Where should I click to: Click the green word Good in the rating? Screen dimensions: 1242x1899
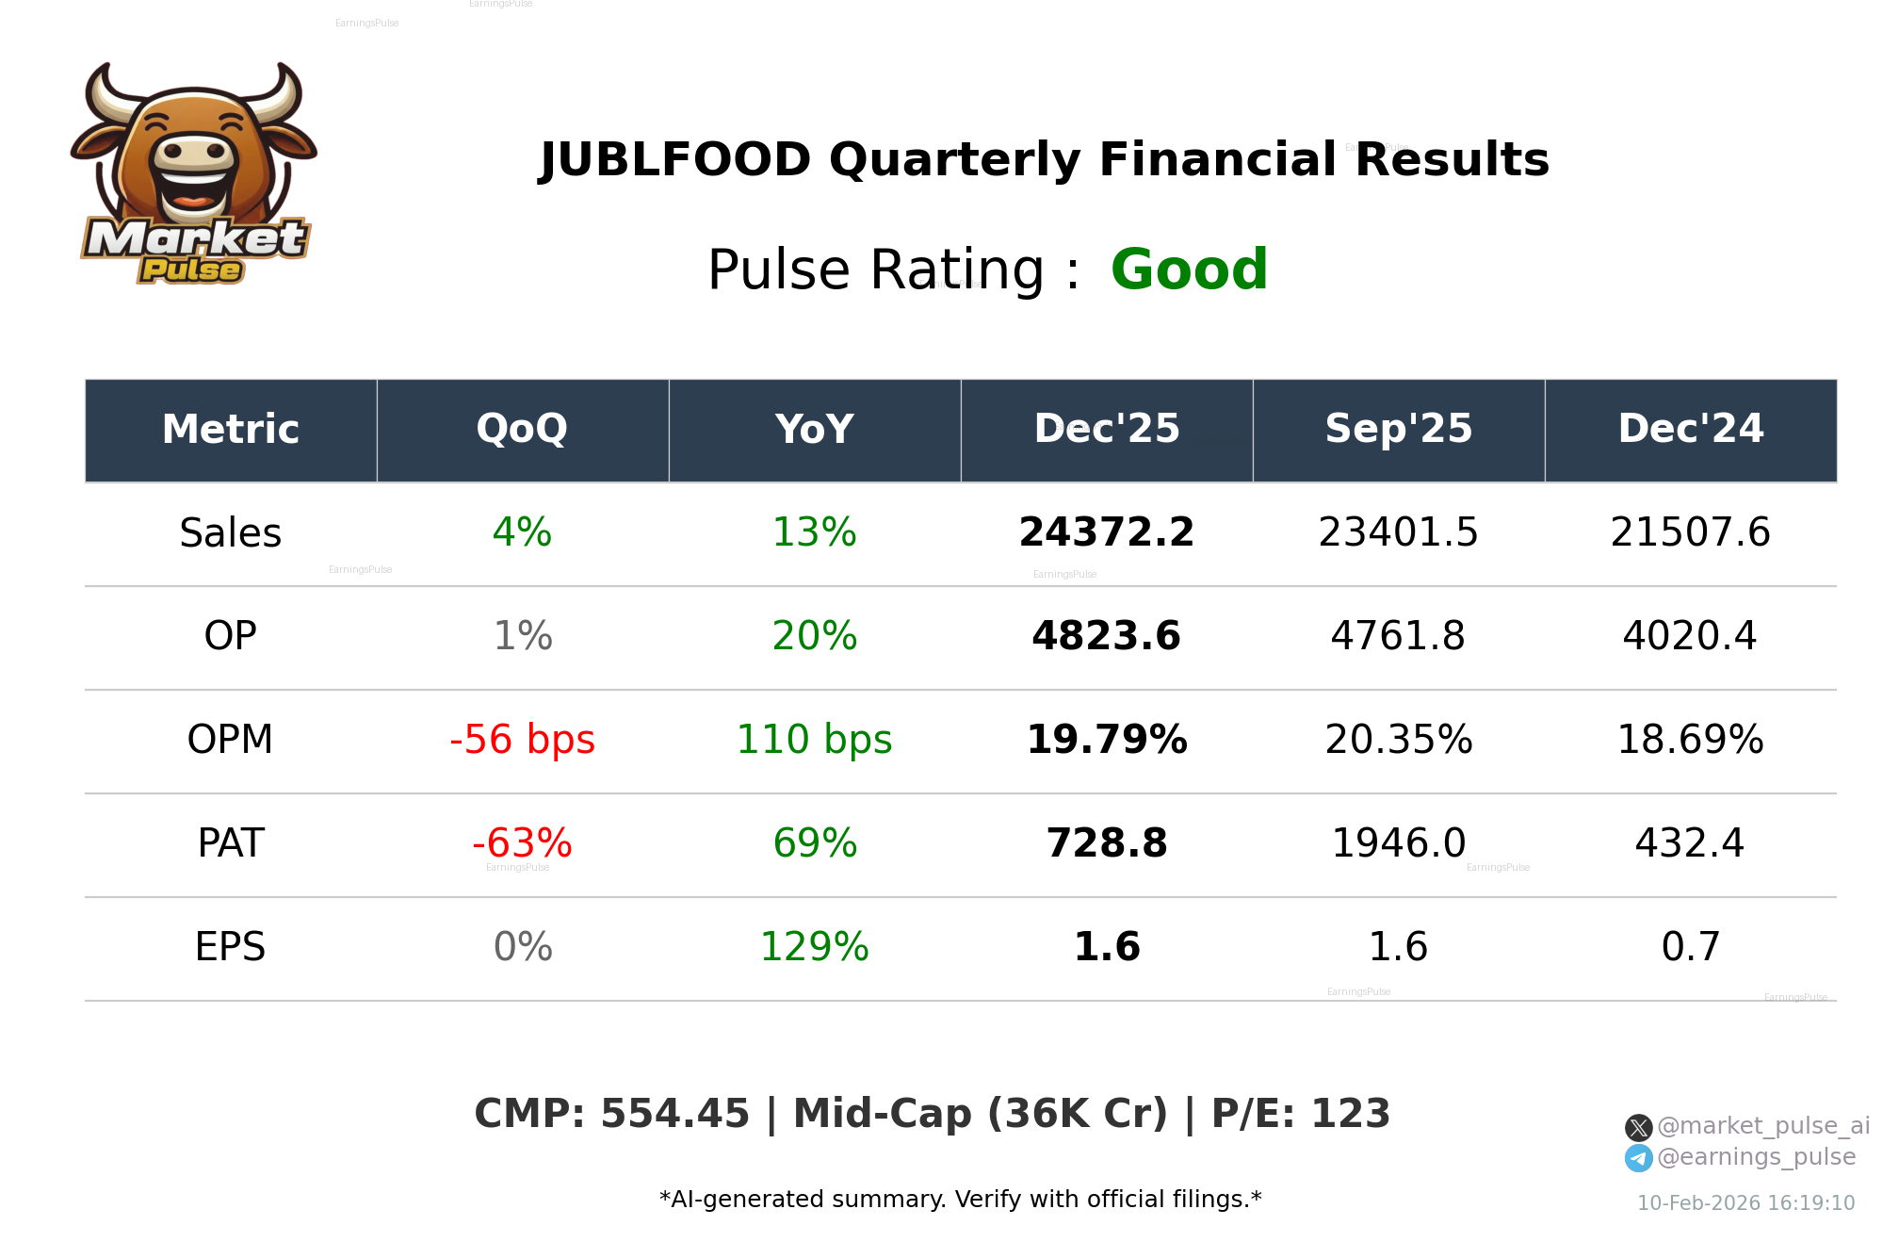(1189, 270)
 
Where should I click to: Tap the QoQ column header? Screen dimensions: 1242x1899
(522, 430)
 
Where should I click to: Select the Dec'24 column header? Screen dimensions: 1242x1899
(1690, 430)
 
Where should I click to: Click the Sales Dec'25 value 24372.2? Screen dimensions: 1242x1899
(1106, 532)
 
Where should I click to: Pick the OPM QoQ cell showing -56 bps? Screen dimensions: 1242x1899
(522, 740)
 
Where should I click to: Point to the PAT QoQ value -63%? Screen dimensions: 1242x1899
(522, 843)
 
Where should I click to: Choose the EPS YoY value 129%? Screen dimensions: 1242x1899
(814, 947)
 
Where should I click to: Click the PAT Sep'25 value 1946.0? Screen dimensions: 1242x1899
(1398, 843)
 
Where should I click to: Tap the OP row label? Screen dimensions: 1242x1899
(230, 636)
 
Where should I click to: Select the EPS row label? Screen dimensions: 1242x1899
(230, 947)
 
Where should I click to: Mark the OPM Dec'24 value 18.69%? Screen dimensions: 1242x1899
(1690, 740)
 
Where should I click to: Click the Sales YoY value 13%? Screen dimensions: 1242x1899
(814, 532)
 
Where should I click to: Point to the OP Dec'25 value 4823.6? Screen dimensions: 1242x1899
(1106, 636)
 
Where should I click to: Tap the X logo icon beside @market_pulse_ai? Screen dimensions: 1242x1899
(1638, 1127)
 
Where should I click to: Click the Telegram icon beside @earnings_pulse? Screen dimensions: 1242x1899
(1638, 1158)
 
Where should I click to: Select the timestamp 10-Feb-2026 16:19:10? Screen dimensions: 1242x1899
(1745, 1203)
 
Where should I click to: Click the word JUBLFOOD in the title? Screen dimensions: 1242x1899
(674, 159)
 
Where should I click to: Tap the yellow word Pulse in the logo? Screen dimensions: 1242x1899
(191, 270)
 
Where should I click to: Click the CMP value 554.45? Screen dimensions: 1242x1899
(674, 1114)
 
